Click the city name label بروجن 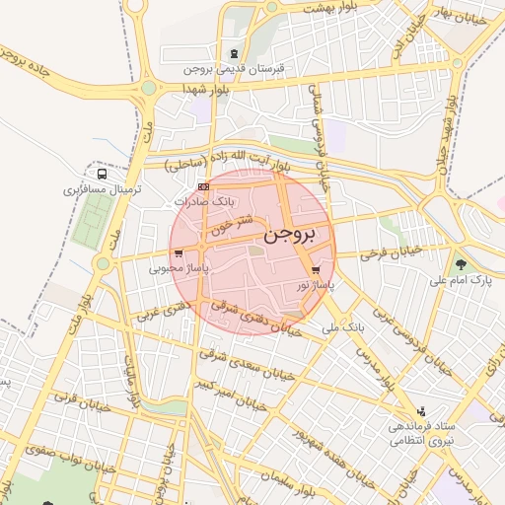pyautogui.click(x=293, y=236)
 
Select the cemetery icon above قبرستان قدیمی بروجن pyautogui.click(x=233, y=53)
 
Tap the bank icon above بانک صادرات pyautogui.click(x=203, y=185)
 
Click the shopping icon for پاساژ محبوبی pyautogui.click(x=178, y=253)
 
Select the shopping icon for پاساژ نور pyautogui.click(x=316, y=269)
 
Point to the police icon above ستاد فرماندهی pyautogui.click(x=423, y=410)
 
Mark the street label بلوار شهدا pyautogui.click(x=204, y=89)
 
